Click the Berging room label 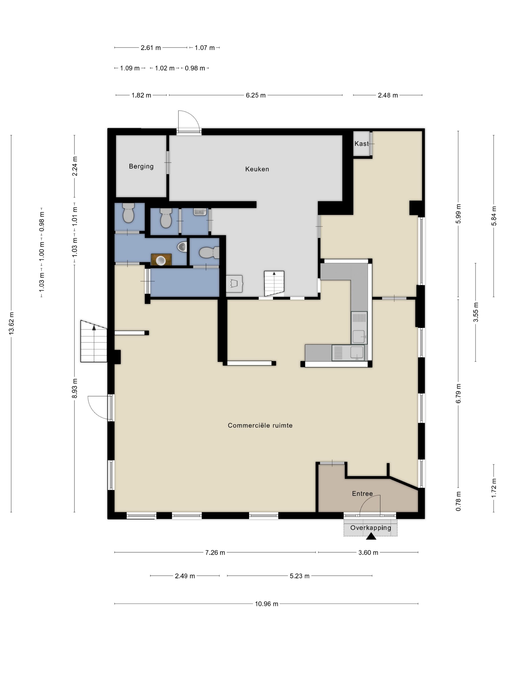(x=141, y=166)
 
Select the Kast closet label (x=361, y=143)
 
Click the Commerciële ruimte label (x=260, y=425)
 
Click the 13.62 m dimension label (x=12, y=324)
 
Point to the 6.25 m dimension (x=256, y=95)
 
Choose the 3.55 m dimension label (x=476, y=312)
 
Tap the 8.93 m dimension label (x=75, y=388)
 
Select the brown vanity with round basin (x=161, y=260)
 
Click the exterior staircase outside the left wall (x=94, y=341)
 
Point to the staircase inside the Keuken (x=274, y=283)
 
